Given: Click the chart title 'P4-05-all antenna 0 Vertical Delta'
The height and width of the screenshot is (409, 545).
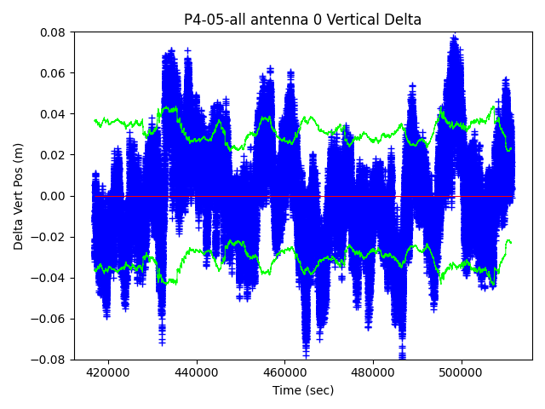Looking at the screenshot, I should coord(302,20).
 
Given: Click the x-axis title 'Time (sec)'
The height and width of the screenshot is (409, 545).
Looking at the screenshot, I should coord(303,390).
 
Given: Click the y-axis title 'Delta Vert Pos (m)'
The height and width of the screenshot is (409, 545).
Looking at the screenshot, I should coord(19,196).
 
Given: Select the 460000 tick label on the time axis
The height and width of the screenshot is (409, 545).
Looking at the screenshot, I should coord(285,372).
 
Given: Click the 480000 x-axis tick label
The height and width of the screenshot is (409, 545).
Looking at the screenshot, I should coord(374,372).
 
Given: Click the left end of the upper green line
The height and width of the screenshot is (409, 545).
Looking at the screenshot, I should coord(95,120).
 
